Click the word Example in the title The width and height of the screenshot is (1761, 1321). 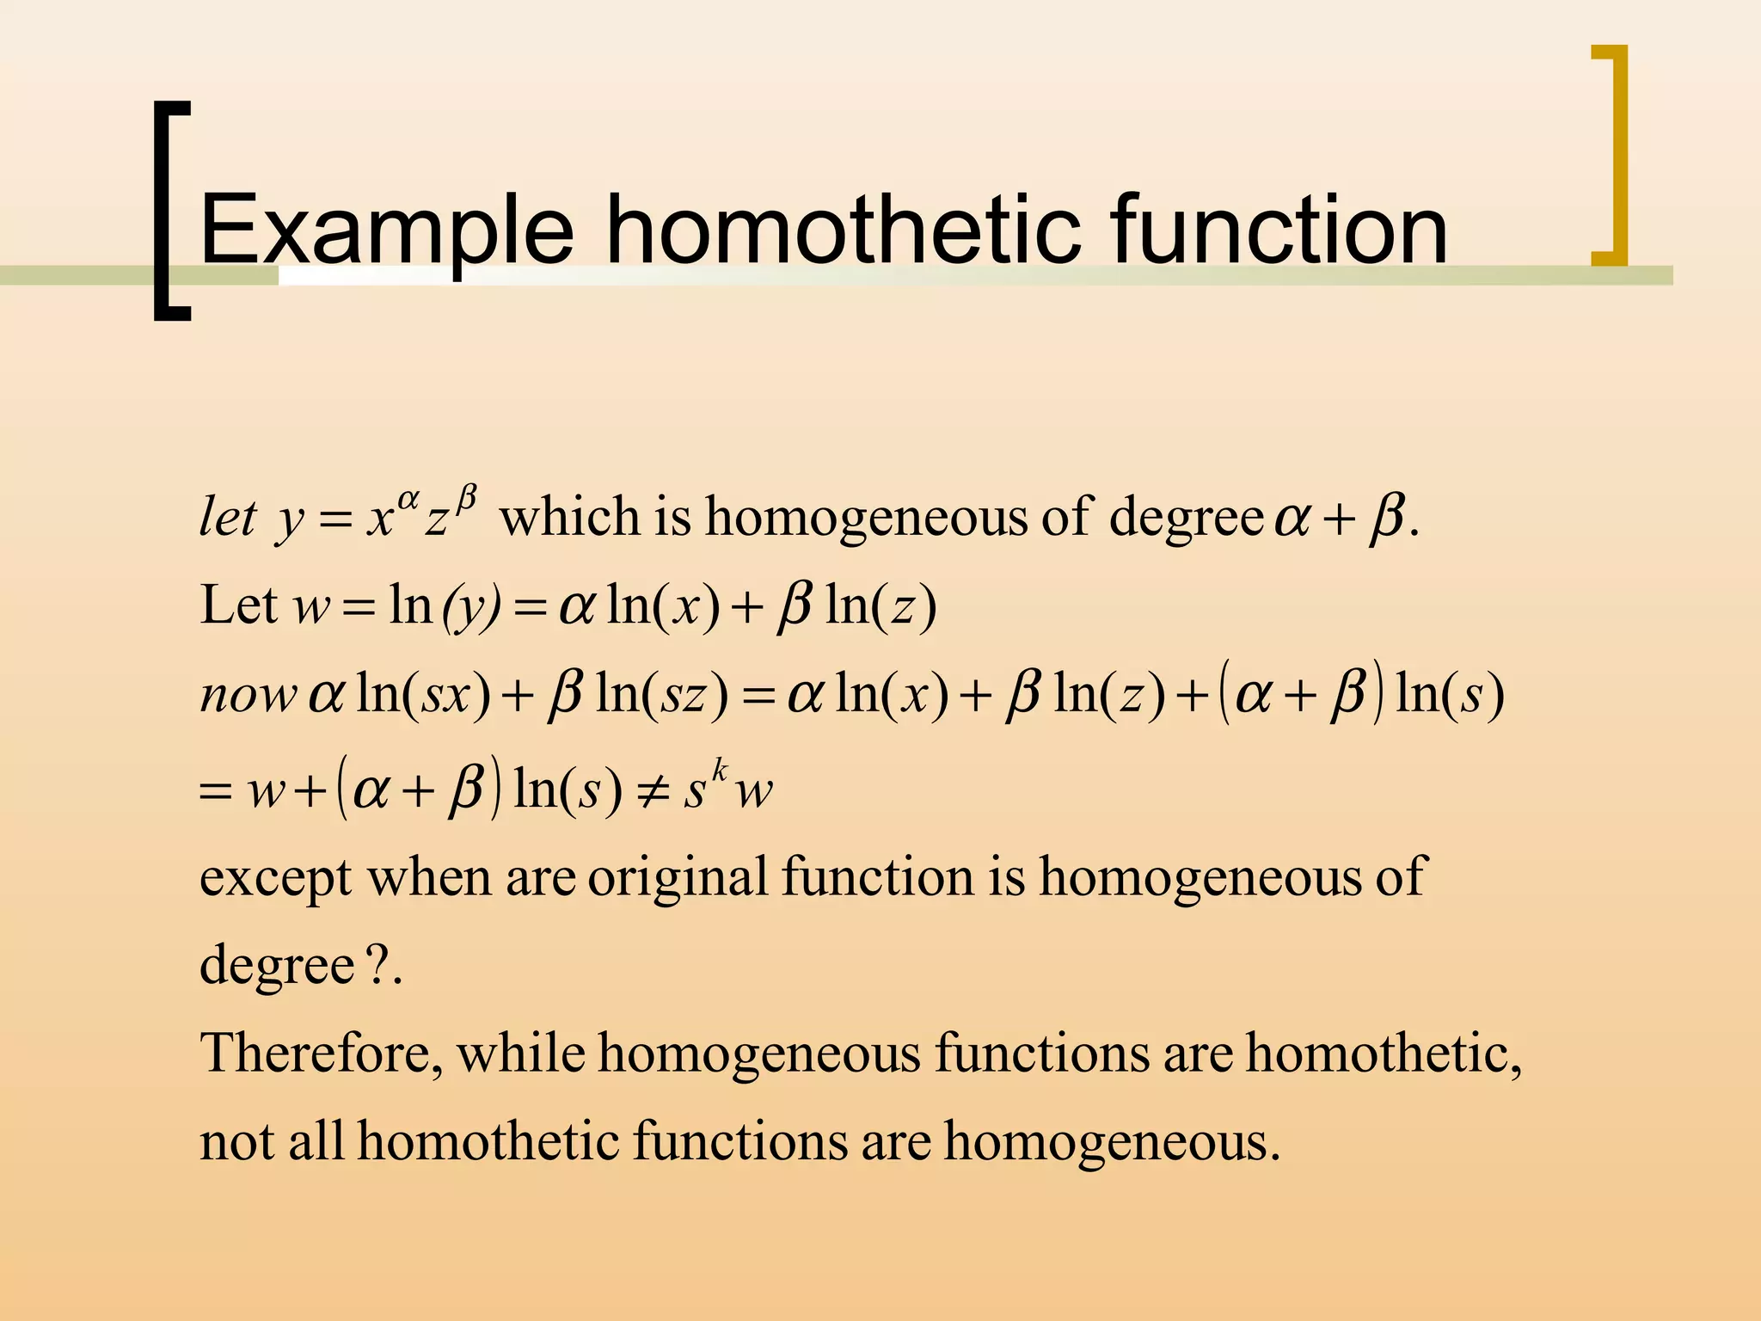pyautogui.click(x=386, y=231)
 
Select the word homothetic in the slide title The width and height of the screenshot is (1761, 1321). pyautogui.click(x=844, y=230)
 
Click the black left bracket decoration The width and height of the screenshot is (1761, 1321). pyautogui.click(x=169, y=211)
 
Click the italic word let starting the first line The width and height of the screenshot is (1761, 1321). pyautogui.click(x=227, y=518)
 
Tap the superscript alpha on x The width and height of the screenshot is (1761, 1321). pyautogui.click(x=408, y=499)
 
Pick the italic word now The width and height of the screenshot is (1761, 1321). pyautogui.click(x=248, y=695)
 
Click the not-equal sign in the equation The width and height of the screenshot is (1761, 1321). pyautogui.click(x=653, y=790)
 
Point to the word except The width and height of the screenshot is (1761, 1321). pyautogui.click(x=275, y=879)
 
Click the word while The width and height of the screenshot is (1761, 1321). pyautogui.click(x=521, y=1054)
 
